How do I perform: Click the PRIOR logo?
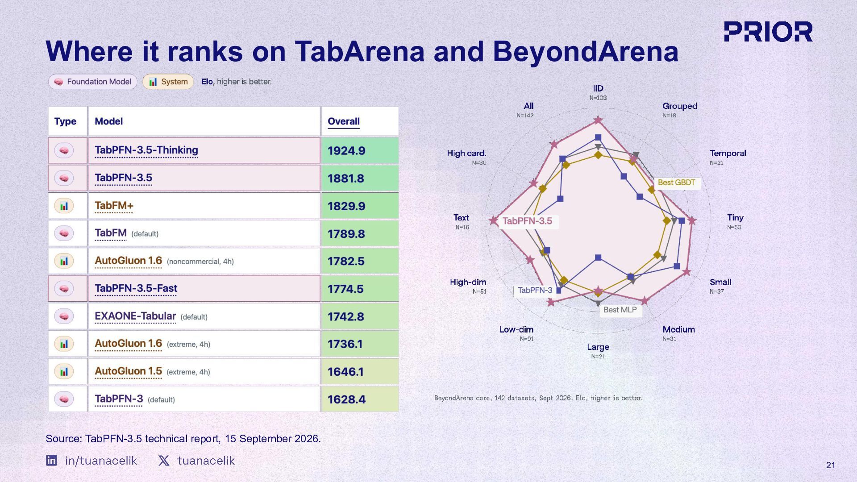pos(768,32)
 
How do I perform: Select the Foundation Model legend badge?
pos(93,82)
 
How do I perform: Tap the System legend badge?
pos(168,82)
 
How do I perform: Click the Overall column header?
pos(344,121)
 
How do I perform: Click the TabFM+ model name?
pos(114,206)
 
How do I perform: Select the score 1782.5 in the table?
pos(346,261)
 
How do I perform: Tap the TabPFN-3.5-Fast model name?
pos(136,288)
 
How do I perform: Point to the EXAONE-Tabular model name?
pos(135,316)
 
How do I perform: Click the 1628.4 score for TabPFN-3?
pos(346,399)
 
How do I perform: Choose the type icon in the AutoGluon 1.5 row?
pos(64,371)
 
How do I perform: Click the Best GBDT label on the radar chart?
pos(676,183)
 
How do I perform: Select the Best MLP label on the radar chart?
pos(620,310)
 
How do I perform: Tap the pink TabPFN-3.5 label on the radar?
pos(527,221)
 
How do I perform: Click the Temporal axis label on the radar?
pos(728,154)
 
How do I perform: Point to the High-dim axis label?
pos(468,282)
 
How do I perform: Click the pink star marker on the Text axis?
pos(493,220)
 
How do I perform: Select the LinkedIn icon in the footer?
pos(51,460)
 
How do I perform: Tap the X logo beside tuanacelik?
pos(164,461)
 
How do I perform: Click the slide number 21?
pos(831,465)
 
